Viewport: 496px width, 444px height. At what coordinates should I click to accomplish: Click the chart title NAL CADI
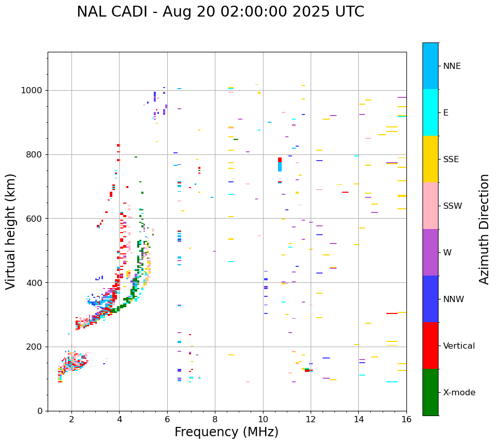pyautogui.click(x=220, y=12)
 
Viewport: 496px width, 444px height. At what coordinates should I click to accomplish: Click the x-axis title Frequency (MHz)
pyautogui.click(x=226, y=432)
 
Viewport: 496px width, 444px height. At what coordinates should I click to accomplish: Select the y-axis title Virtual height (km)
pyautogui.click(x=11, y=232)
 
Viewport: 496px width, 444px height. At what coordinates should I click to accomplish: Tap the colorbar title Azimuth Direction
pyautogui.click(x=484, y=229)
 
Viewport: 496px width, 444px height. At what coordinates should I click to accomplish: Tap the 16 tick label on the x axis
pyautogui.click(x=406, y=419)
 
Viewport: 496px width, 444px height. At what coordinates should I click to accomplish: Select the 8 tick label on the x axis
pyautogui.click(x=215, y=419)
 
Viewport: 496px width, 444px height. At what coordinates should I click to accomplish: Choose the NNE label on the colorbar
pyautogui.click(x=451, y=66)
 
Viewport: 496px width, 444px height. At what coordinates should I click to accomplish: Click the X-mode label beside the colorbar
pyautogui.click(x=459, y=393)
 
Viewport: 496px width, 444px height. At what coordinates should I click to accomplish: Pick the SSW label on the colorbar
pyautogui.click(x=452, y=206)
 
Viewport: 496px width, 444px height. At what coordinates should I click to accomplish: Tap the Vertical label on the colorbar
pyautogui.click(x=459, y=346)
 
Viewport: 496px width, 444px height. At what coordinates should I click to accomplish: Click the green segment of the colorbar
pyautogui.click(x=430, y=392)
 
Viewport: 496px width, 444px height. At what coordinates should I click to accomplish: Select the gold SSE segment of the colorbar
pyautogui.click(x=430, y=159)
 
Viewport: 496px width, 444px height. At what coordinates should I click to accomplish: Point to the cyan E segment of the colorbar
pyautogui.click(x=430, y=112)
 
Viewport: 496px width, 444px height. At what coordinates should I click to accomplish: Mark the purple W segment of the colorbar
pyautogui.click(x=430, y=252)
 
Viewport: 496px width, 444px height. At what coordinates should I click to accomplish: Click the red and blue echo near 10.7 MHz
pyautogui.click(x=280, y=164)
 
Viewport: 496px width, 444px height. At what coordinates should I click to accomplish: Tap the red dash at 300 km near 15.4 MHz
pyautogui.click(x=391, y=313)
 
